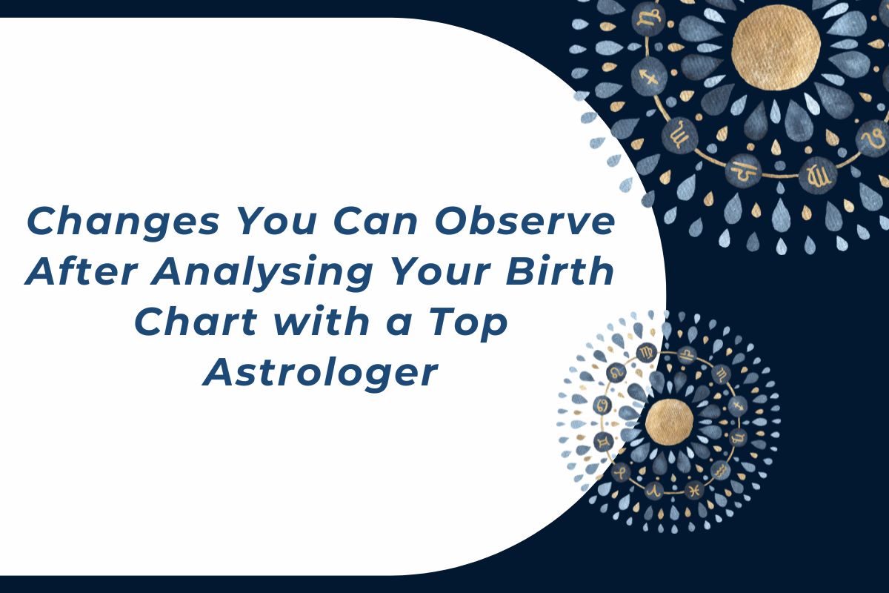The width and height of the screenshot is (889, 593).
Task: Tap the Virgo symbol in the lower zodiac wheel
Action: (x=647, y=351)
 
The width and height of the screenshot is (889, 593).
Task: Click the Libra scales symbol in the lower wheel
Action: (x=688, y=354)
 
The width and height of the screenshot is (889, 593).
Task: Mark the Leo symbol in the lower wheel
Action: (x=616, y=371)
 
